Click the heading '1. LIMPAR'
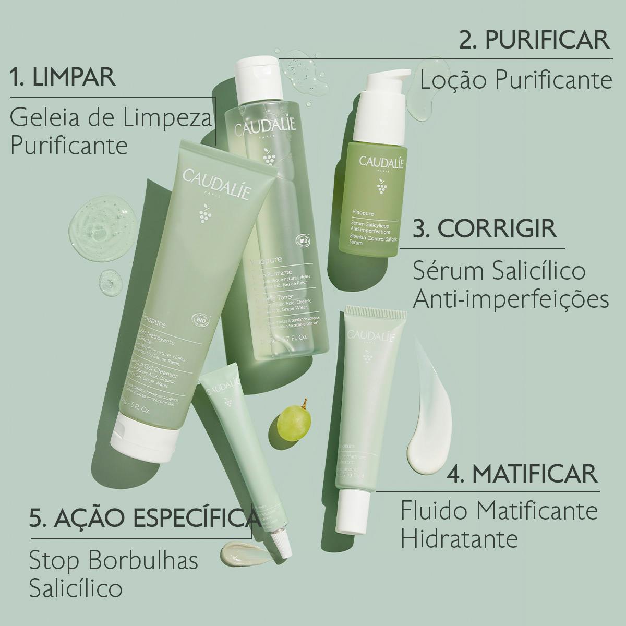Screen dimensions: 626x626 [63, 77]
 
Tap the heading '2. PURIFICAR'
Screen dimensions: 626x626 [535, 40]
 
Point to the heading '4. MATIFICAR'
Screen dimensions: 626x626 [522, 473]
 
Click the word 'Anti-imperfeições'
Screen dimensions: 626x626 [511, 299]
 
